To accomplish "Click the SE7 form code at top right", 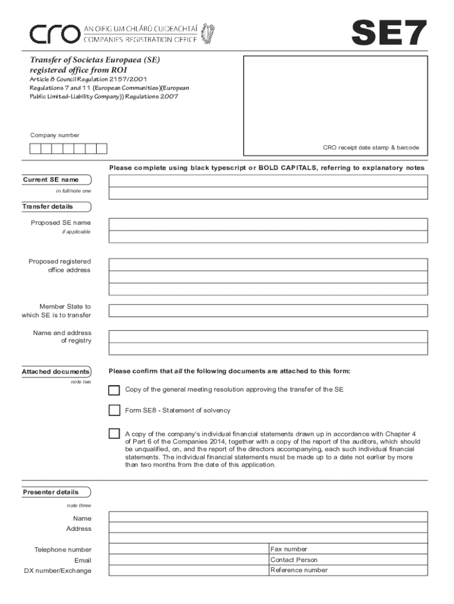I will click(x=389, y=32).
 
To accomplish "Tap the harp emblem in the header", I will click(x=208, y=33).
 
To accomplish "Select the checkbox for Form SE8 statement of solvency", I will click(x=114, y=410).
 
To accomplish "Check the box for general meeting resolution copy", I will click(x=114, y=389).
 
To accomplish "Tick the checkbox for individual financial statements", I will click(x=114, y=434).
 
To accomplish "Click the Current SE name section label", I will click(x=51, y=179).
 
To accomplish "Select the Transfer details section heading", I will click(x=48, y=206).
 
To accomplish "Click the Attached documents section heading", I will click(x=56, y=372).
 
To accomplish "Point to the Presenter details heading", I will click(x=51, y=492).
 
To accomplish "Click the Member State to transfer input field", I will click(x=268, y=310).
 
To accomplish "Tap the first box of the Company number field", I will click(x=35, y=149).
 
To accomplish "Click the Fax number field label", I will click(x=288, y=549).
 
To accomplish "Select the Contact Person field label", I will click(x=294, y=560).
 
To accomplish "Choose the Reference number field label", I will click(x=299, y=570).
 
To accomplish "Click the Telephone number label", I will click(x=63, y=550).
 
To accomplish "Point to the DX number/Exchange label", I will click(x=58, y=571).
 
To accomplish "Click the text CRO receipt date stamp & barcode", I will click(x=370, y=147).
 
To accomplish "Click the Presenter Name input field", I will click(x=268, y=517).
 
